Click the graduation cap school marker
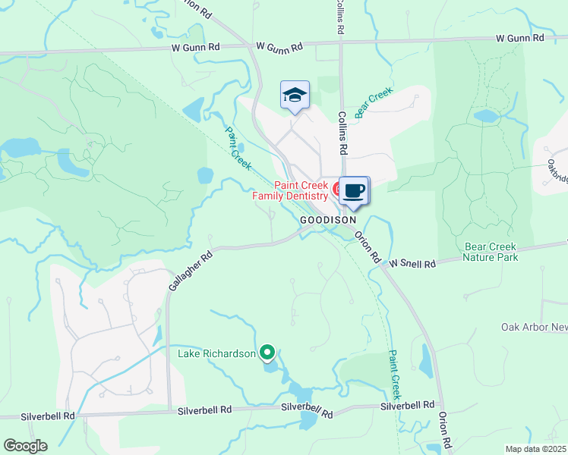295,96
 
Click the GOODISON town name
328,219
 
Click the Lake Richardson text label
216,353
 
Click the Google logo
25,446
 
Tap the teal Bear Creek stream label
374,103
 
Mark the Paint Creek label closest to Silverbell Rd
393,374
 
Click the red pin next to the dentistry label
336,187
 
